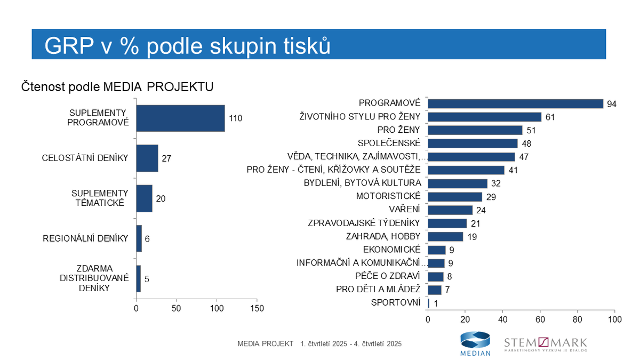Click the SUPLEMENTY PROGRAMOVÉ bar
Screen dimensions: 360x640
coord(180,118)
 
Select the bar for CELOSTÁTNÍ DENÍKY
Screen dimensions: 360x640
coord(147,158)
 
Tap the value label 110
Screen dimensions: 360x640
coord(236,118)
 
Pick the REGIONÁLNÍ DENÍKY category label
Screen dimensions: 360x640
coord(85,238)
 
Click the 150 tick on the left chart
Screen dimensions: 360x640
coord(257,308)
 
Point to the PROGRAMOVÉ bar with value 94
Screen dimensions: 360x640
coord(515,103)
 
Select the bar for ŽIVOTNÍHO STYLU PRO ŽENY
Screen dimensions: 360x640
coord(484,117)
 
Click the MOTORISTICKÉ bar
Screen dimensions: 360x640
coord(454,197)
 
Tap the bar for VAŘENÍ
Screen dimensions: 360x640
coord(450,210)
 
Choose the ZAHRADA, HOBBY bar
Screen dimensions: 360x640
coord(445,237)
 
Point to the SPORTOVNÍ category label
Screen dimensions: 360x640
coord(395,303)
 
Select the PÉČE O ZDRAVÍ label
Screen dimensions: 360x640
coord(388,276)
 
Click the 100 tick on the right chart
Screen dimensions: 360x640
coord(614,319)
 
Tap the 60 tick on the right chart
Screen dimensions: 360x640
coord(540,319)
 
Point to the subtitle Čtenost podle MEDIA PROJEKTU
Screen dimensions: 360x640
coord(117,86)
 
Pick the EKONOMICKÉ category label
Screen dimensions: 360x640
coord(391,250)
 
